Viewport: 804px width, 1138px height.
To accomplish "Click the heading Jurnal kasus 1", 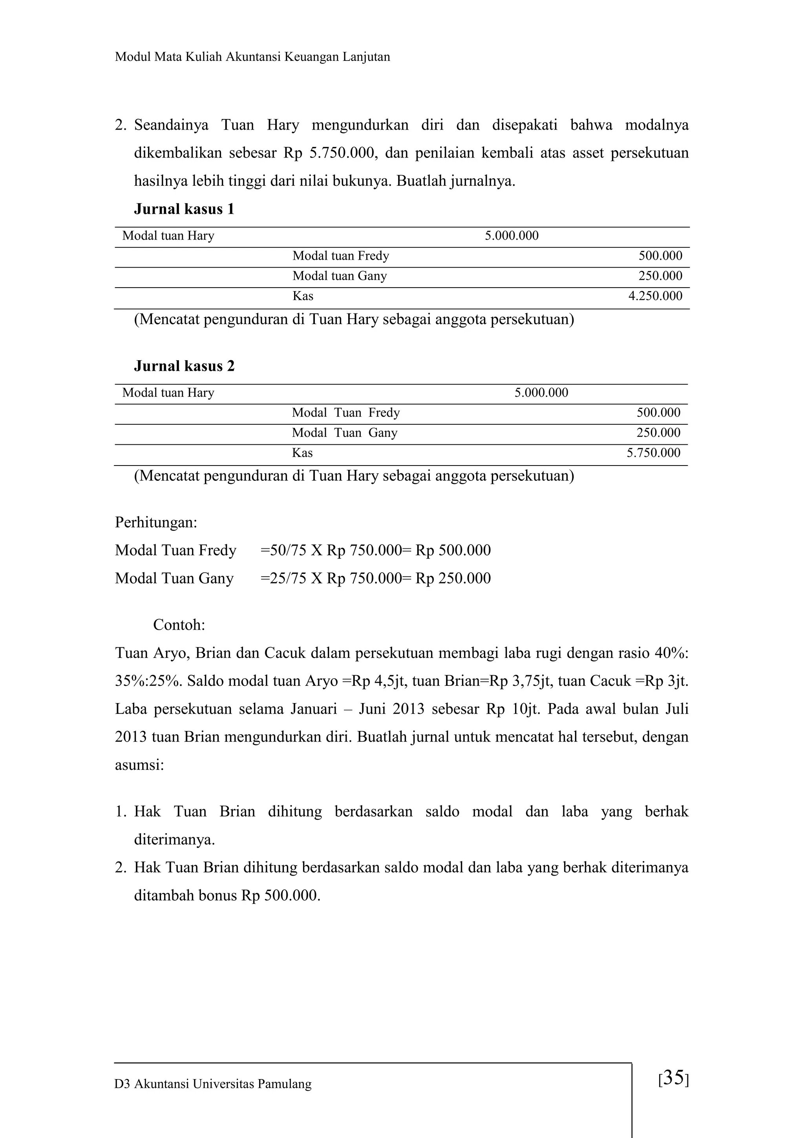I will [184, 209].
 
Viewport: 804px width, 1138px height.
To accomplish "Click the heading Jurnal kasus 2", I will [184, 366].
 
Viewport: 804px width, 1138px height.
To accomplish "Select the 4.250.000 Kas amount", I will [655, 297].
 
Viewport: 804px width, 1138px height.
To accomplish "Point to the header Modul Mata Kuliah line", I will [252, 57].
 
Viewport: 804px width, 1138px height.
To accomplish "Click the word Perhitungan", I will [155, 522].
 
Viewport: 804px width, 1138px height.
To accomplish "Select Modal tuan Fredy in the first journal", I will [341, 256].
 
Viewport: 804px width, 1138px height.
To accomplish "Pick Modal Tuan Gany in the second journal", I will [344, 433].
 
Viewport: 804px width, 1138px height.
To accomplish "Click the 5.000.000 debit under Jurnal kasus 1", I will [511, 236].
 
